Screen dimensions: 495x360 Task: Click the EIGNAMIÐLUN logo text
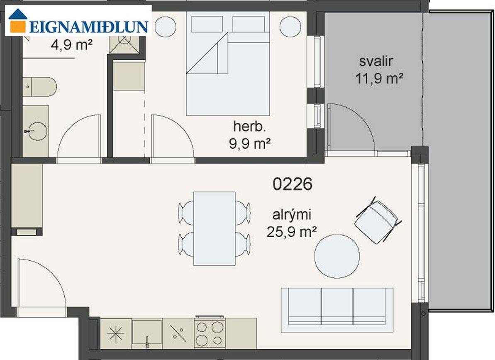89,27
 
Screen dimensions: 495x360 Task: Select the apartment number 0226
293,184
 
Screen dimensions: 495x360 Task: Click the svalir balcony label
376,61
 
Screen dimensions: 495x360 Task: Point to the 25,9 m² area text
292,232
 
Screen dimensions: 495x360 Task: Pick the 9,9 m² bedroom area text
250,144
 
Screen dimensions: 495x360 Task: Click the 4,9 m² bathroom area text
72,44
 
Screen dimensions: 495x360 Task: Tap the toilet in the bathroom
40,86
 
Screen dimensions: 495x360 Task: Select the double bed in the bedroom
228,64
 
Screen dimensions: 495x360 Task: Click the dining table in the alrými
215,228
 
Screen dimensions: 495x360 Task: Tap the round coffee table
337,256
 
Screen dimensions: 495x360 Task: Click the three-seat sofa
337,310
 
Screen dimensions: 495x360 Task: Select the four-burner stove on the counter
210,333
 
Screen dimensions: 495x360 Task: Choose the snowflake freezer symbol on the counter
115,333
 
